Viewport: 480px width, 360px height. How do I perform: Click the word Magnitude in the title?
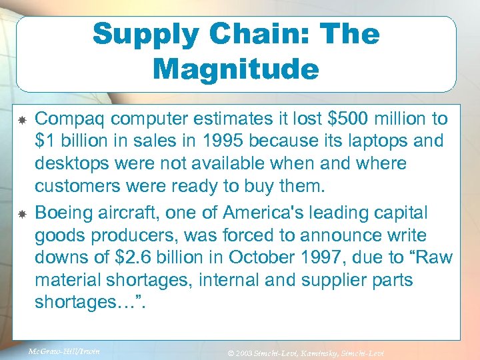[235, 69]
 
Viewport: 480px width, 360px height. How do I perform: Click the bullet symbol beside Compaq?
[22, 120]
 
